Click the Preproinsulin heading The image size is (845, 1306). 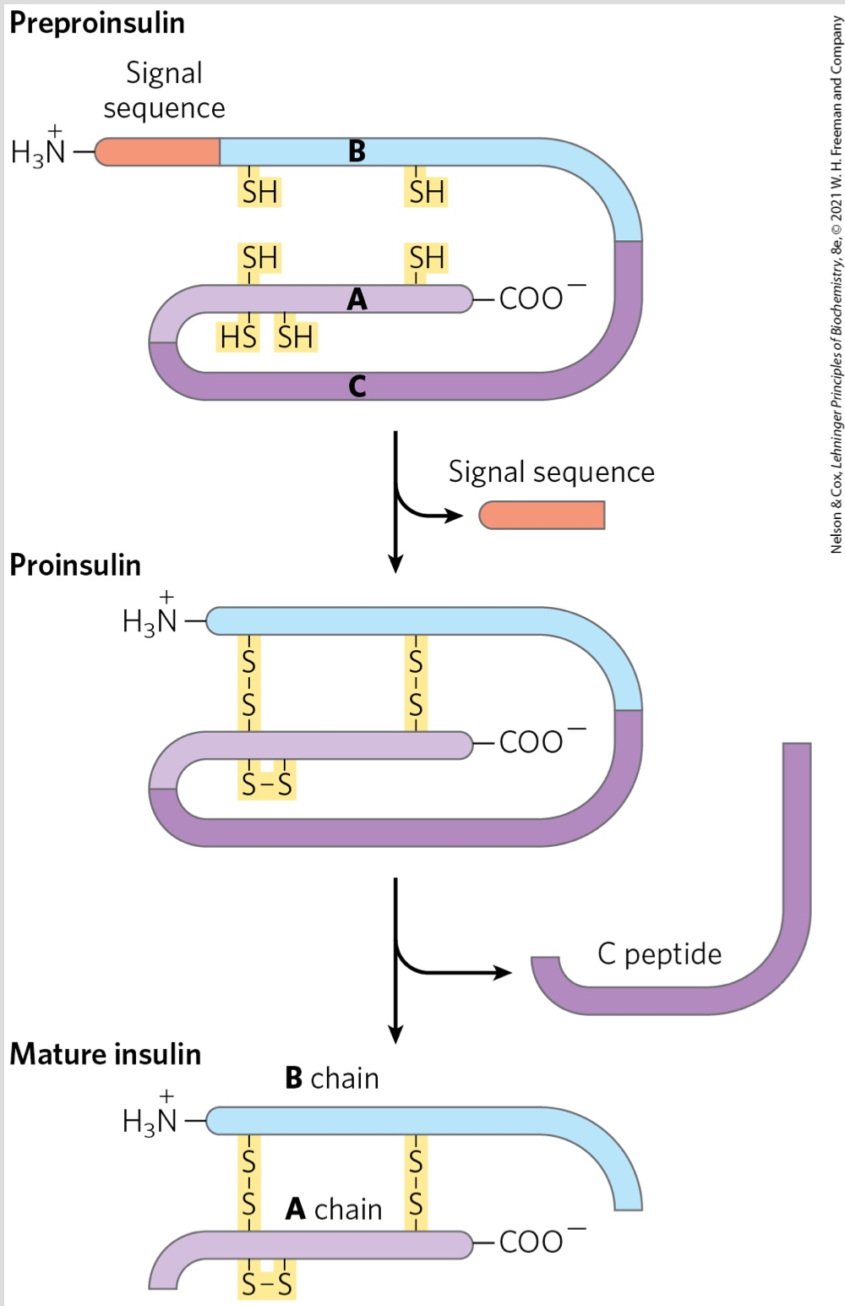[x=97, y=23]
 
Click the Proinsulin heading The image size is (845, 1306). [x=75, y=565]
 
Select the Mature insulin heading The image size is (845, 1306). [x=106, y=1054]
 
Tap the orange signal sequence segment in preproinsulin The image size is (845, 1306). [x=158, y=152]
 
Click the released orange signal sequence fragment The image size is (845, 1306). [x=542, y=515]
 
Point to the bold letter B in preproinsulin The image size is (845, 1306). [x=357, y=151]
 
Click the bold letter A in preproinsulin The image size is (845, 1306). [x=357, y=299]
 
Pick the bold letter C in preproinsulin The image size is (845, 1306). [x=357, y=386]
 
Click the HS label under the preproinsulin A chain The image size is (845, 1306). [x=237, y=337]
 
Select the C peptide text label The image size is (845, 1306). [x=659, y=954]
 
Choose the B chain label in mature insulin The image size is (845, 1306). [x=332, y=1079]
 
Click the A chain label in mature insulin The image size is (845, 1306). [x=334, y=1210]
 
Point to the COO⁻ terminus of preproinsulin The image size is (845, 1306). [x=539, y=298]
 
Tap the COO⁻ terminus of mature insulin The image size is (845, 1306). [x=539, y=1241]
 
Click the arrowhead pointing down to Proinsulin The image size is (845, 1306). [x=395, y=564]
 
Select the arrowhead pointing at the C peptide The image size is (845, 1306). [x=503, y=972]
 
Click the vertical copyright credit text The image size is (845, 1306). [x=836, y=284]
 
